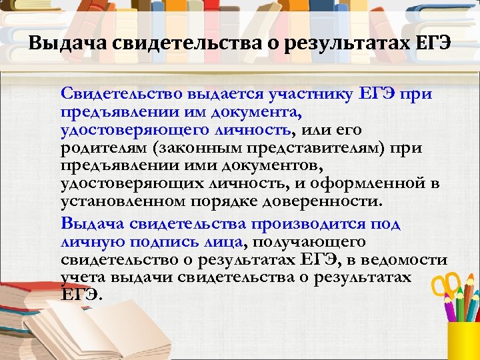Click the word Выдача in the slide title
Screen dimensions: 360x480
[x=67, y=45]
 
